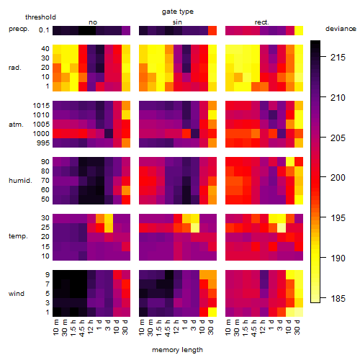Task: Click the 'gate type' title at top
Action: [178, 12]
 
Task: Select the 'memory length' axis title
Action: [177, 350]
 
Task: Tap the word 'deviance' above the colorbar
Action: [341, 29]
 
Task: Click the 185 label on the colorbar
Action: [338, 298]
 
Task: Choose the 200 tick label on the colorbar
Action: [338, 178]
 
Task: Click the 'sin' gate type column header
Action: [177, 22]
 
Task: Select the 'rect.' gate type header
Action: [262, 22]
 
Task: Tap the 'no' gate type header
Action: [93, 22]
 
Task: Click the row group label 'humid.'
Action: [20, 181]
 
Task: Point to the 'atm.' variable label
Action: [16, 125]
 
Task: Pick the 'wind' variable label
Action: [17, 294]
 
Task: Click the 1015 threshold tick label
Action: [41, 106]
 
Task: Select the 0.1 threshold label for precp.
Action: [44, 30]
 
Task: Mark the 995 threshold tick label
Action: [43, 143]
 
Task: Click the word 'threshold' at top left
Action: [40, 17]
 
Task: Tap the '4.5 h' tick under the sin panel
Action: [168, 328]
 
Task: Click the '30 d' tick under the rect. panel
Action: [297, 327]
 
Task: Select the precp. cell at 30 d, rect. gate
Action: [299, 30]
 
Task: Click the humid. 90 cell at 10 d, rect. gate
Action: [290, 162]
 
